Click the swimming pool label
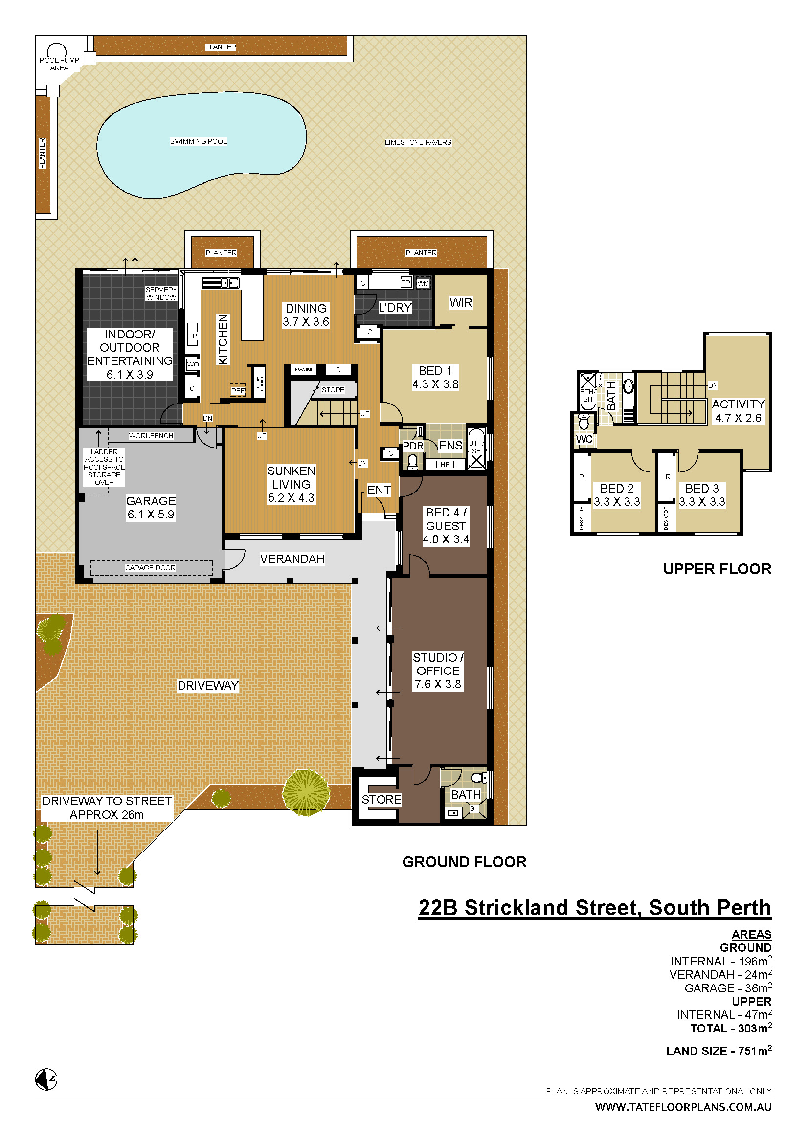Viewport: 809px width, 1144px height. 198,141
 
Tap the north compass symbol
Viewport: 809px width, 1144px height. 47,1080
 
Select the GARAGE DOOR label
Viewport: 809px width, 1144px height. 150,567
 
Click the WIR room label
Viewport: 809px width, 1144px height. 460,302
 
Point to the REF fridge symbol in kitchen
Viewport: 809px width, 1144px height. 238,391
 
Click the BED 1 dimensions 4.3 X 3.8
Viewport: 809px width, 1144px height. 435,384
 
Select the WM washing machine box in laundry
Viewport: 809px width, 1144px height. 423,283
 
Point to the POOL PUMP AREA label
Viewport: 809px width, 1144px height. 59,64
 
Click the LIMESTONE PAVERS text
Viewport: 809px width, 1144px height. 417,142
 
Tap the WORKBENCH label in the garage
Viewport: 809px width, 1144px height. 151,435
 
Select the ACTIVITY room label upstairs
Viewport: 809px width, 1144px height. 738,404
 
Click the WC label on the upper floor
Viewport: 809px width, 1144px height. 584,439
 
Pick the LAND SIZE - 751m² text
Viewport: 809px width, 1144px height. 719,1051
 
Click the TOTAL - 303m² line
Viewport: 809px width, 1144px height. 730,1029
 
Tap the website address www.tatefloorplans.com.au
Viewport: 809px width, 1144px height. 683,1107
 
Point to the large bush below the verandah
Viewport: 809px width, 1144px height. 306,792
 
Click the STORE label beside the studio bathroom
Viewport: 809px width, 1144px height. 381,799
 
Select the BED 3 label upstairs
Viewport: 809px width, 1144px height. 701,488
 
